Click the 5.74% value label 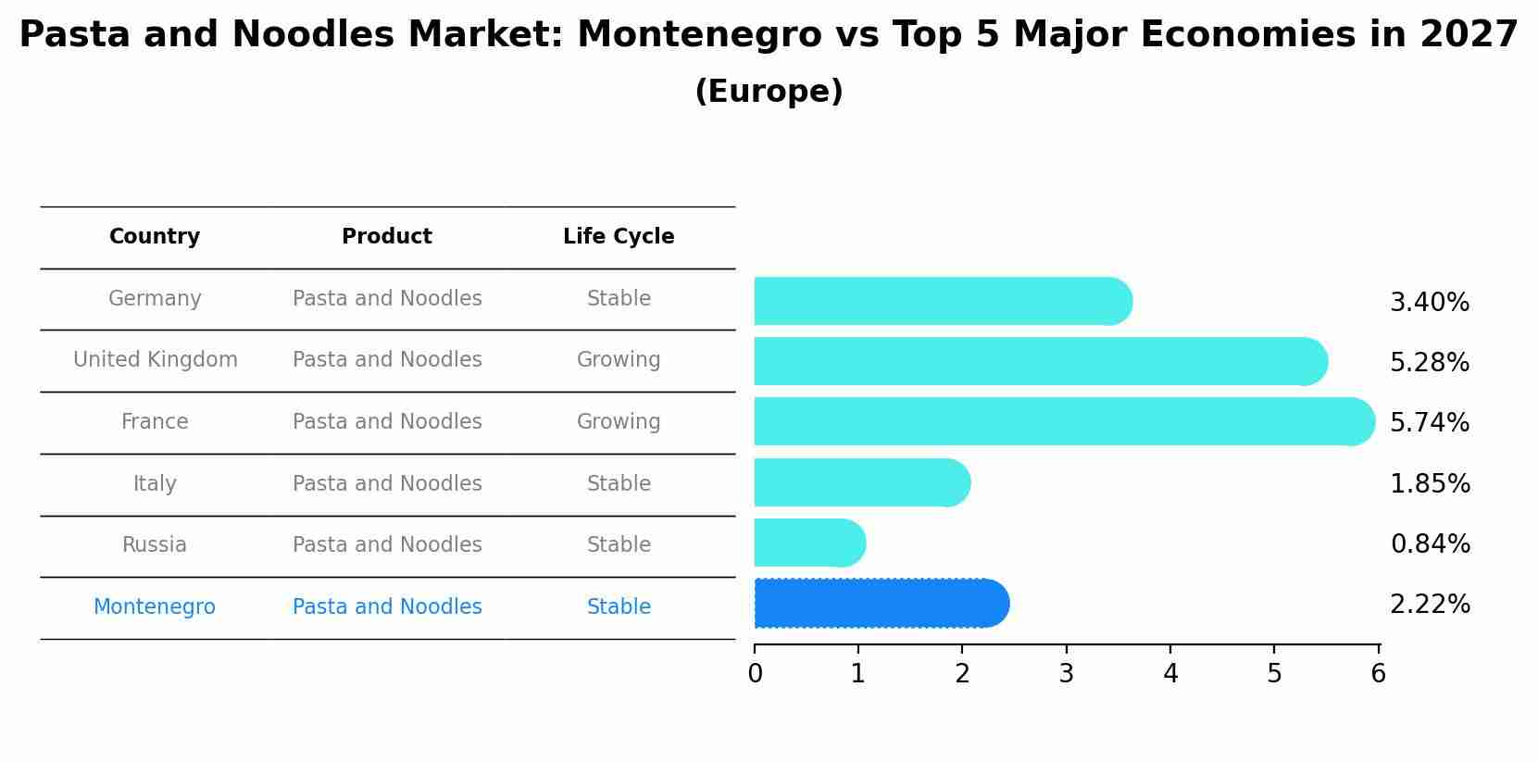tap(1429, 423)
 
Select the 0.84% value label tap(1429, 544)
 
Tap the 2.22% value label tap(1429, 605)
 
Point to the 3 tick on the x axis tap(1066, 674)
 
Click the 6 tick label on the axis tap(1378, 674)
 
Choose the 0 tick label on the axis tap(755, 674)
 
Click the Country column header tap(155, 237)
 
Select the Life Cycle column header tap(619, 237)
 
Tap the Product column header tap(387, 237)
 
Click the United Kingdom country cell tap(156, 360)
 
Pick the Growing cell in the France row tap(619, 422)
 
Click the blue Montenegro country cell tap(155, 607)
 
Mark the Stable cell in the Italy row tap(619, 484)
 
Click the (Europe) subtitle tap(769, 92)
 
